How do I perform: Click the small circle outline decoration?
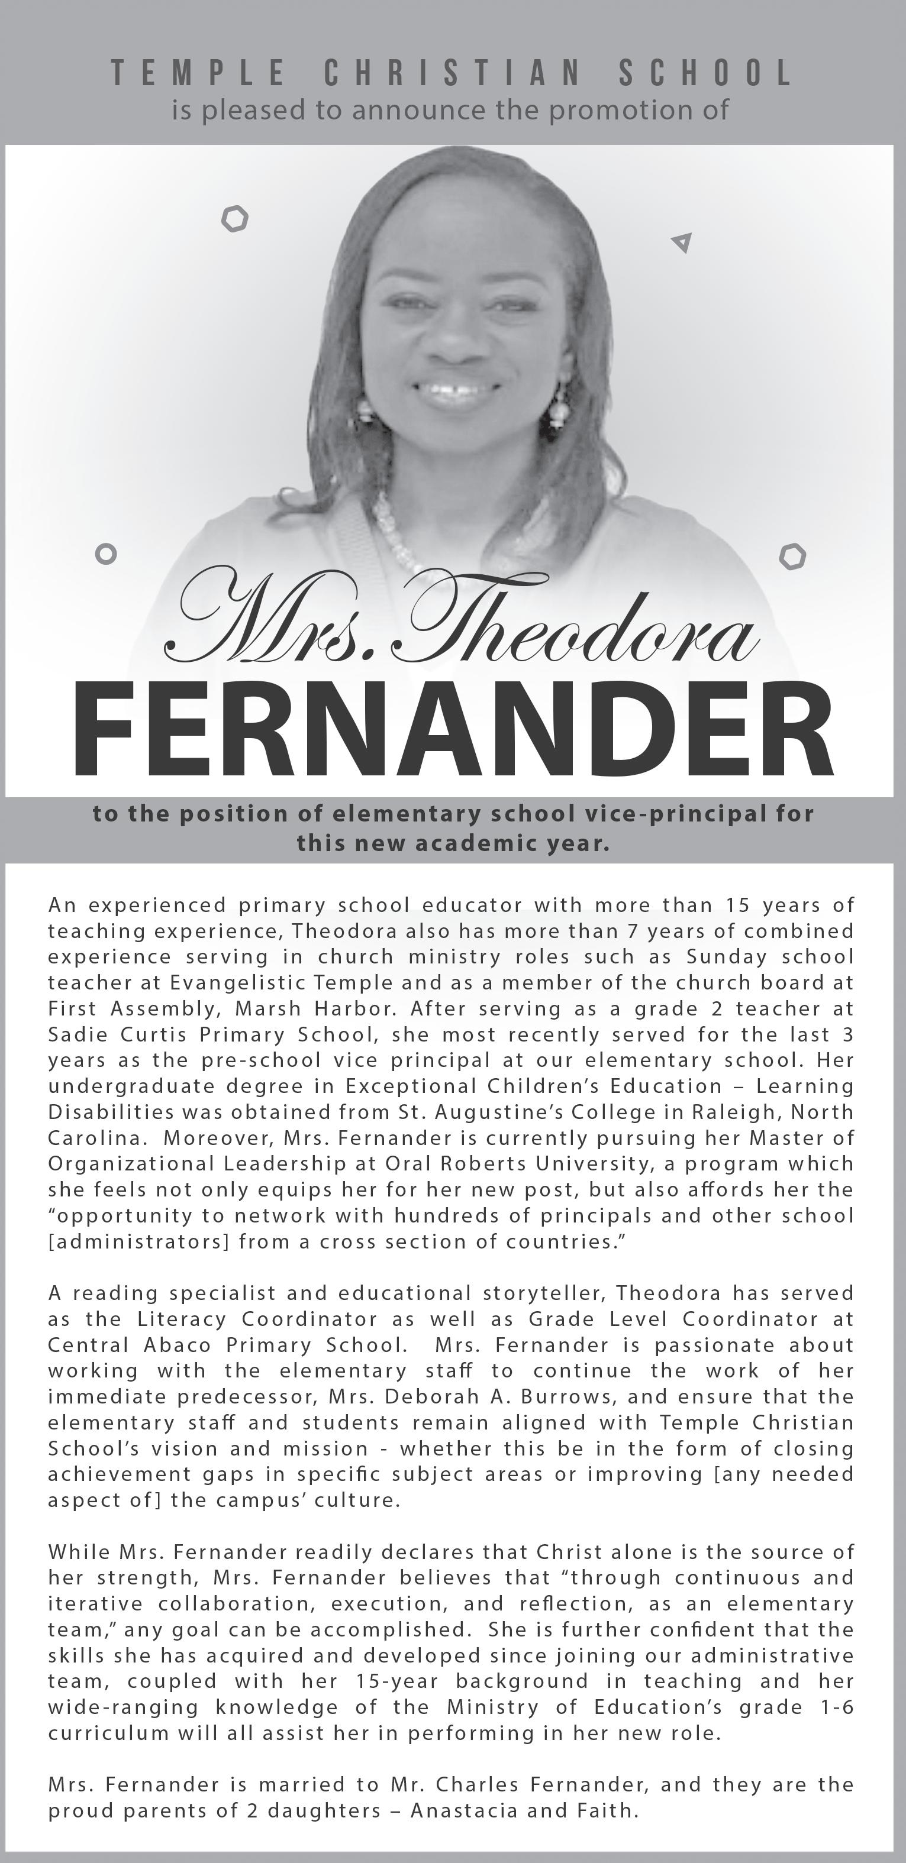(106, 555)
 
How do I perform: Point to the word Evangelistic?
(240, 983)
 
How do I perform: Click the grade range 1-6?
(837, 1707)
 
